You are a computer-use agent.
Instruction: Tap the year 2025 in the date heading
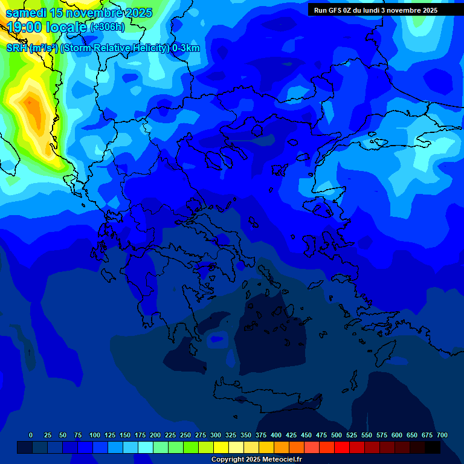tap(136, 13)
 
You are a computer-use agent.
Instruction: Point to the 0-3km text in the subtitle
tap(185, 48)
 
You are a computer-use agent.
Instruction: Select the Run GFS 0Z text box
tap(376, 10)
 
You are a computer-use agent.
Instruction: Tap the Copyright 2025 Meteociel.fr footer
tap(257, 460)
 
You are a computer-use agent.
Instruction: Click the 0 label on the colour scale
tap(31, 435)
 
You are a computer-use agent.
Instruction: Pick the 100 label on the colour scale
tap(95, 435)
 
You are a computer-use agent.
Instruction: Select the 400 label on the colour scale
tap(276, 435)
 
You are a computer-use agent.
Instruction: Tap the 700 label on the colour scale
tap(442, 435)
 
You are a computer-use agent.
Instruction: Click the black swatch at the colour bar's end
tap(433, 447)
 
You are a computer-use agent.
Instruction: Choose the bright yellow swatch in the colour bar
tap(221, 447)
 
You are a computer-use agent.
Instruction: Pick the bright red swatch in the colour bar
tap(342, 447)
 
